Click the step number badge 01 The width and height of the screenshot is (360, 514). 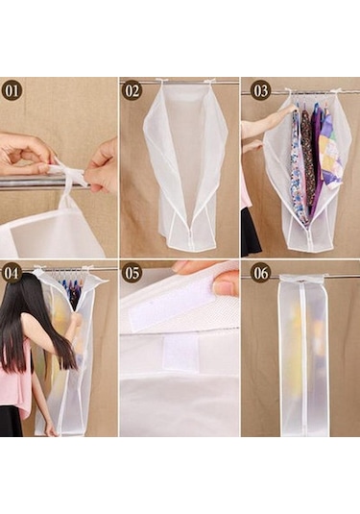pos(12,91)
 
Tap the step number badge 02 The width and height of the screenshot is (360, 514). pos(132,91)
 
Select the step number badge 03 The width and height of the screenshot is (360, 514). pos(260,91)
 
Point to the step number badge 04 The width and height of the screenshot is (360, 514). pos(12,273)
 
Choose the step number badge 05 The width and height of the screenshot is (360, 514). pos(132,273)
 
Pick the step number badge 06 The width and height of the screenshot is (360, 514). pos(260,273)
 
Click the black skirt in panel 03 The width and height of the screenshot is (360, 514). pos(252,233)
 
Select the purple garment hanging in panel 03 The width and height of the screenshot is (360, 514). pos(315,149)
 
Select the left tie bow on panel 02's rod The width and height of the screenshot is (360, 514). pos(160,81)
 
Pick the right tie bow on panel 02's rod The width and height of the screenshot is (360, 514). pos(208,81)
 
